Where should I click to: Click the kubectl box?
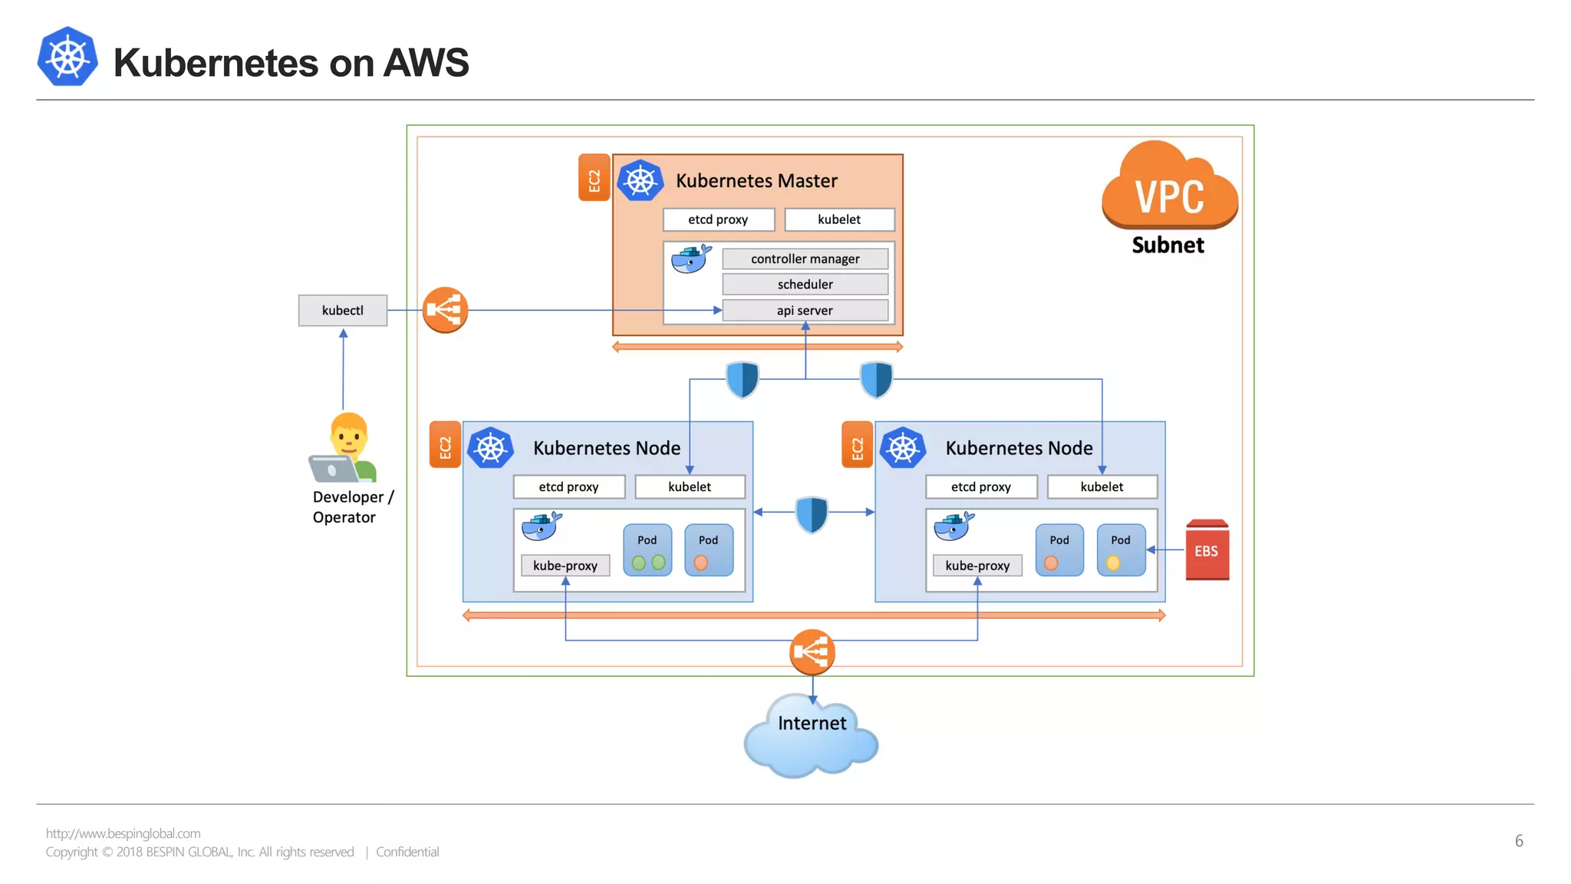342,310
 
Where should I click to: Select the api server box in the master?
805,310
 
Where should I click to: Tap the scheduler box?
805,284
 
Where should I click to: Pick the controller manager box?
805,259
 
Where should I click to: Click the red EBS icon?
1207,550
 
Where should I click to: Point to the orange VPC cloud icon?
1169,188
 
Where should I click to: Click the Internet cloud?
811,737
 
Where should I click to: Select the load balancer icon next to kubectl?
445,310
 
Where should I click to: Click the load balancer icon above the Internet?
812,652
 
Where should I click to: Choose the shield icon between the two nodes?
812,513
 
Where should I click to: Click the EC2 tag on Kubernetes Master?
594,179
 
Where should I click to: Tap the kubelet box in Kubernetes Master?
839,219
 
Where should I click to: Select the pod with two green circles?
647,550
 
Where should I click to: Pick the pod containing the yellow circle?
1120,550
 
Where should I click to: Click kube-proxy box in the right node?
977,566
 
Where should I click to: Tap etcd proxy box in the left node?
568,487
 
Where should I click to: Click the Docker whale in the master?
690,259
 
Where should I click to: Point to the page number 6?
1518,841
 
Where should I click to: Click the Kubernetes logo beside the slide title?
68,58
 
